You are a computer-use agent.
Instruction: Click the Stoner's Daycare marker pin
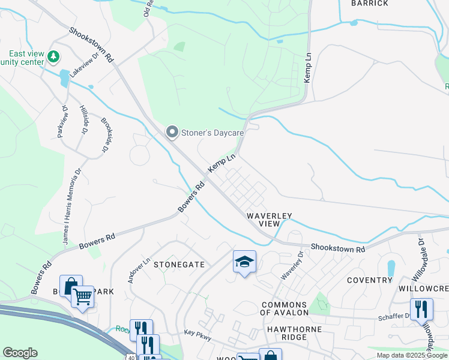coord(172,131)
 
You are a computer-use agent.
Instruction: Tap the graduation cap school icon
coord(244,262)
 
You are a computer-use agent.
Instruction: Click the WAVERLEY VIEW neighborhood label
coord(269,219)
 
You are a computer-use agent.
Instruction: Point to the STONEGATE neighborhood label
coord(179,264)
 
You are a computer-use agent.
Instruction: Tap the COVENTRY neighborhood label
coord(369,280)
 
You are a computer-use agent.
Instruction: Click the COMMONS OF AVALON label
coord(284,308)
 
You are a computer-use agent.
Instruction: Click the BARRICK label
coord(370,4)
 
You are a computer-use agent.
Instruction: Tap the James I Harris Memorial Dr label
coord(70,207)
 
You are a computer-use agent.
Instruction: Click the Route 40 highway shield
coord(130,357)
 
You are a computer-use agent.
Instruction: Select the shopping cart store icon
coord(82,295)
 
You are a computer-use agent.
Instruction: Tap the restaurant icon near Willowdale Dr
coord(421,309)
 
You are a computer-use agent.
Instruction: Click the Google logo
coord(20,353)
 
